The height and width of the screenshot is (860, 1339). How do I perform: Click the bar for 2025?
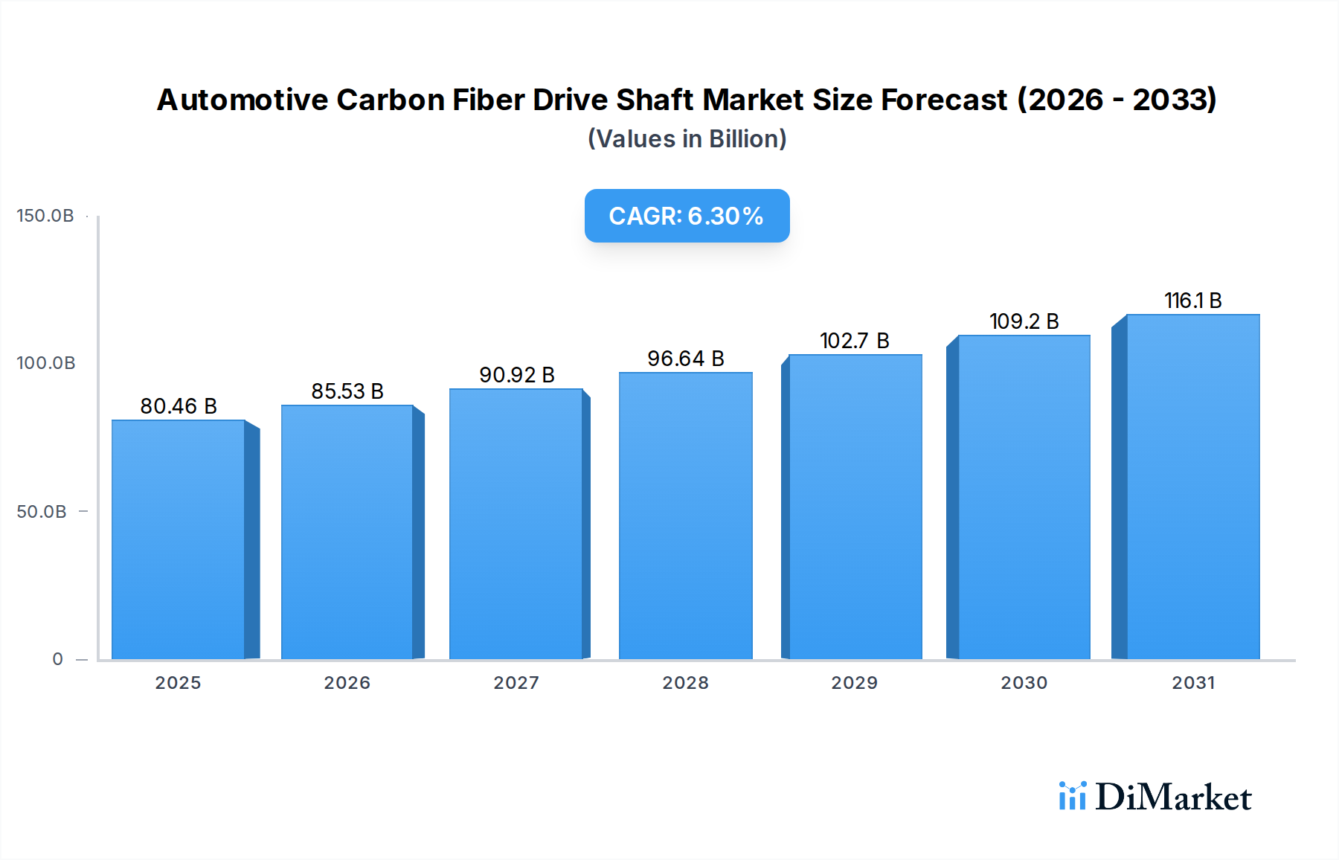[x=179, y=539]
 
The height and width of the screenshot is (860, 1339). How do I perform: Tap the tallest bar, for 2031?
[x=1192, y=487]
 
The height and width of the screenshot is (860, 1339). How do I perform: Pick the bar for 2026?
[x=347, y=532]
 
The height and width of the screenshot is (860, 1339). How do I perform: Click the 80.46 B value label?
[x=179, y=406]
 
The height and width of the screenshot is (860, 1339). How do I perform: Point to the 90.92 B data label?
[x=517, y=375]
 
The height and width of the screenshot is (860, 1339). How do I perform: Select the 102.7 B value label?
[x=855, y=341]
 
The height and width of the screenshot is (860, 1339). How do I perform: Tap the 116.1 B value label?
[x=1192, y=301]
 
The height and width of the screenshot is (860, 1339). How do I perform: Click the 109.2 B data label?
[x=1024, y=321]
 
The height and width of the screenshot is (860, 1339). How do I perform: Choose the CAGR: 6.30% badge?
[x=687, y=216]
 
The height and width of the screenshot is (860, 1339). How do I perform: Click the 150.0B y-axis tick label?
[x=45, y=216]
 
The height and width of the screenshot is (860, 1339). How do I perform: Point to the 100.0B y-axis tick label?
[x=45, y=363]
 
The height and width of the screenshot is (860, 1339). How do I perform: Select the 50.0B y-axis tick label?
[x=42, y=512]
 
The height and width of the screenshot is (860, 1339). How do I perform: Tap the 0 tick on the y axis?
[x=58, y=659]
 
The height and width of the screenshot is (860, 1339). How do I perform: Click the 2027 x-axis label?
[x=516, y=683]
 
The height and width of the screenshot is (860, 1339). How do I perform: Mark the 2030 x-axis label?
[x=1024, y=683]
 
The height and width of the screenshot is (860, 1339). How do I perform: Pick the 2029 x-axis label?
[x=855, y=683]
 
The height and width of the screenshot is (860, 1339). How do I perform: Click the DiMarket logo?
[x=1155, y=797]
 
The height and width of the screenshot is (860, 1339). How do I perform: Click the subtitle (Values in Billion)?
[x=687, y=139]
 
